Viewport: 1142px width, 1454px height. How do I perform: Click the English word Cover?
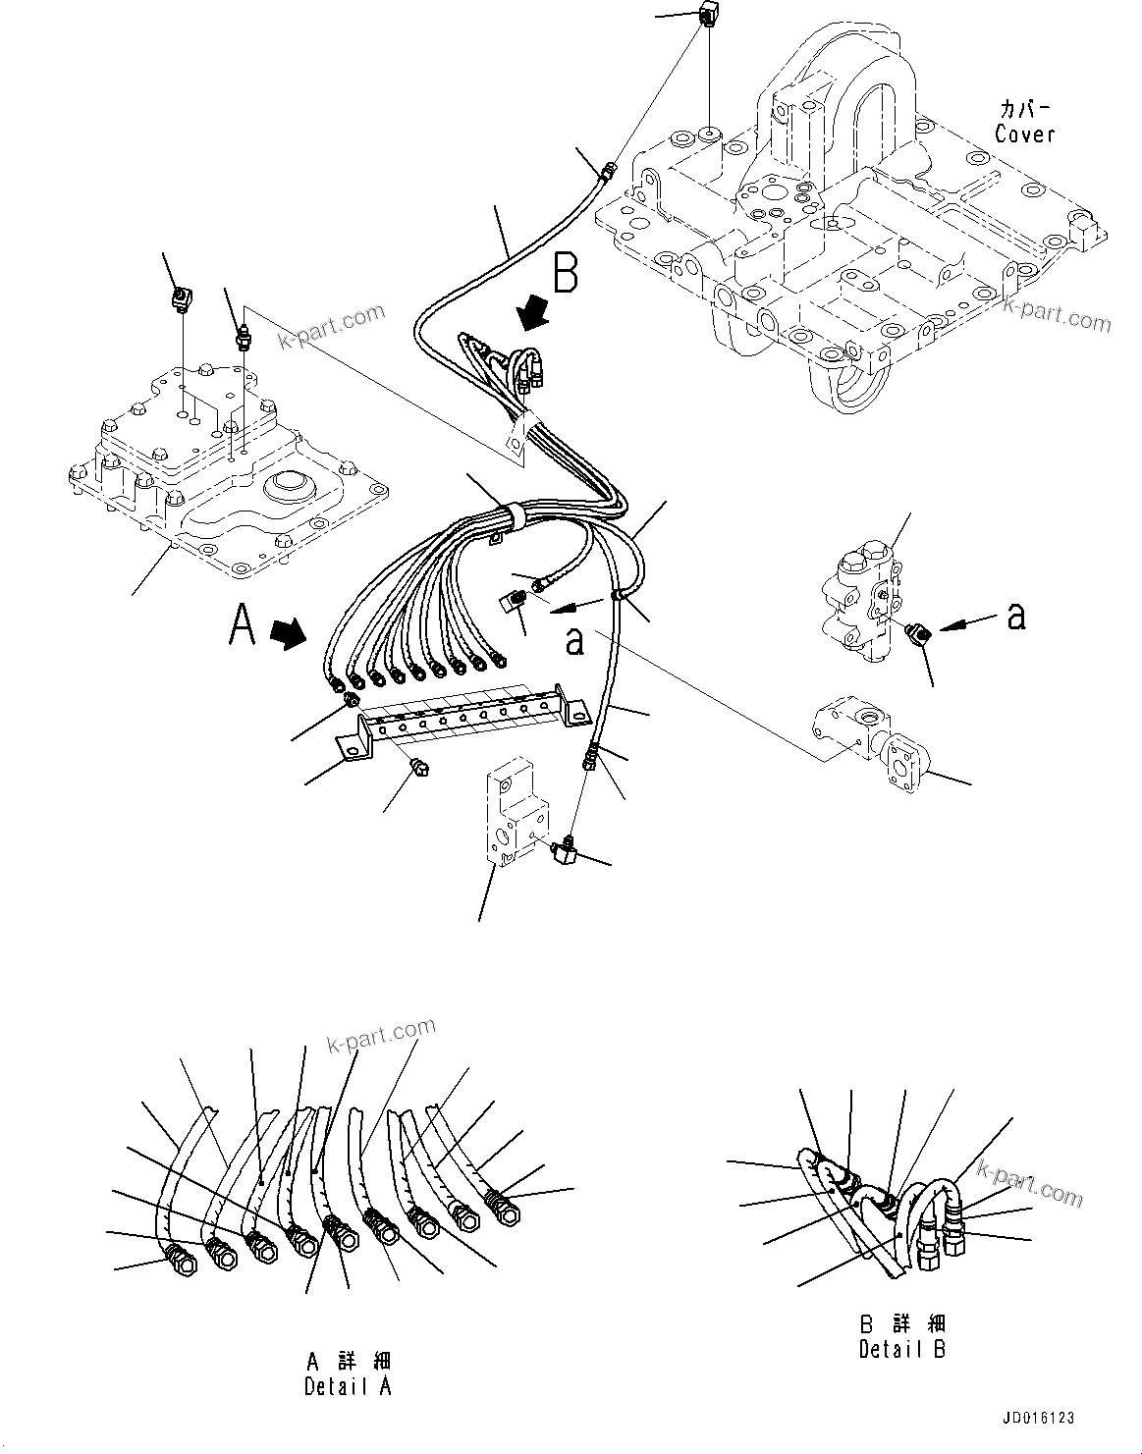tap(1024, 135)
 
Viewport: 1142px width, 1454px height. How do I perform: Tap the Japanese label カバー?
tap(1024, 109)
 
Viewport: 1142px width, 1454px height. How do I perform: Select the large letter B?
tap(565, 273)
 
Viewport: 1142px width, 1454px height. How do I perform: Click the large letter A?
tap(244, 625)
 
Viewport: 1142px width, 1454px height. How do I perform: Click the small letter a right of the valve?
tap(1016, 617)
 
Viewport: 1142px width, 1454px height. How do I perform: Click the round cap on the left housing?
tap(285, 485)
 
